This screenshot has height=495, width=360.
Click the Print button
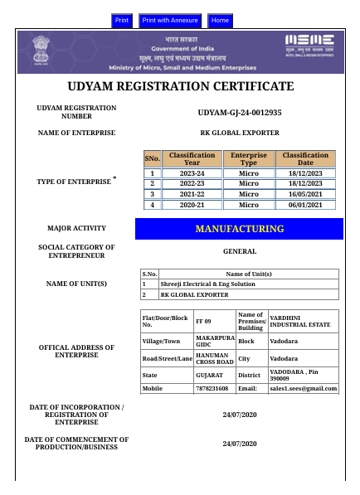pyautogui.click(x=122, y=20)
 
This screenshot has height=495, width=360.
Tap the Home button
pyautogui.click(x=220, y=20)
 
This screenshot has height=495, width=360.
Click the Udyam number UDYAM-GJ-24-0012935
pyautogui.click(x=240, y=112)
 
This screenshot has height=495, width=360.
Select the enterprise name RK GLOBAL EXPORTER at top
pyautogui.click(x=240, y=133)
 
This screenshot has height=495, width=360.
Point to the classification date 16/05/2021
pyautogui.click(x=305, y=194)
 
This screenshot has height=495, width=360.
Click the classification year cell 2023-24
pyautogui.click(x=192, y=173)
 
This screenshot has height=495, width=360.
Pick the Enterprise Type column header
pyautogui.click(x=249, y=159)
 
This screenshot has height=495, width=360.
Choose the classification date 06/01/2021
pyautogui.click(x=305, y=205)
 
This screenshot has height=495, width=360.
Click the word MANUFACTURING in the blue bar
pyautogui.click(x=239, y=229)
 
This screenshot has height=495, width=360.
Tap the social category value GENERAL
pyautogui.click(x=240, y=251)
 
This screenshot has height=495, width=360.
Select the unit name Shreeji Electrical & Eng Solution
pyautogui.click(x=208, y=284)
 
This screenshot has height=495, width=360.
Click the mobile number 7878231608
pyautogui.click(x=212, y=388)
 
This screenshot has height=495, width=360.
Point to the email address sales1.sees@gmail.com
pyautogui.click(x=304, y=388)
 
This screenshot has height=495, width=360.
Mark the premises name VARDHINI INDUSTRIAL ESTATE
pyautogui.click(x=302, y=321)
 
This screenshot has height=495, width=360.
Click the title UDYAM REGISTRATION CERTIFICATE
pyautogui.click(x=180, y=86)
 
